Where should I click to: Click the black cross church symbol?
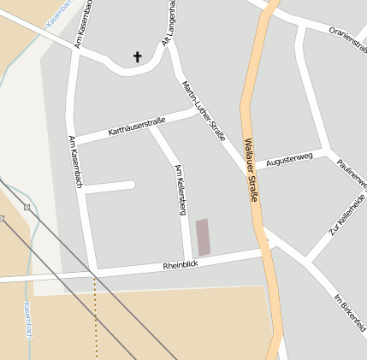137,57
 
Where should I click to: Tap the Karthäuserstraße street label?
137,128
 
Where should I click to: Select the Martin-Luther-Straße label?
204,110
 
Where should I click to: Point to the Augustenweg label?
289,159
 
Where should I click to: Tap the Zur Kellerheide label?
346,215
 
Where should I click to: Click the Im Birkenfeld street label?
350,312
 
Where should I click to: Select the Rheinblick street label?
181,266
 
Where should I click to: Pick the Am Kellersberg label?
180,189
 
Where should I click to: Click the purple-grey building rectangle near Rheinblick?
203,237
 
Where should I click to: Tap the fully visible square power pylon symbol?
27,207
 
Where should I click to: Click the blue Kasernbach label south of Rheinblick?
27,321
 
